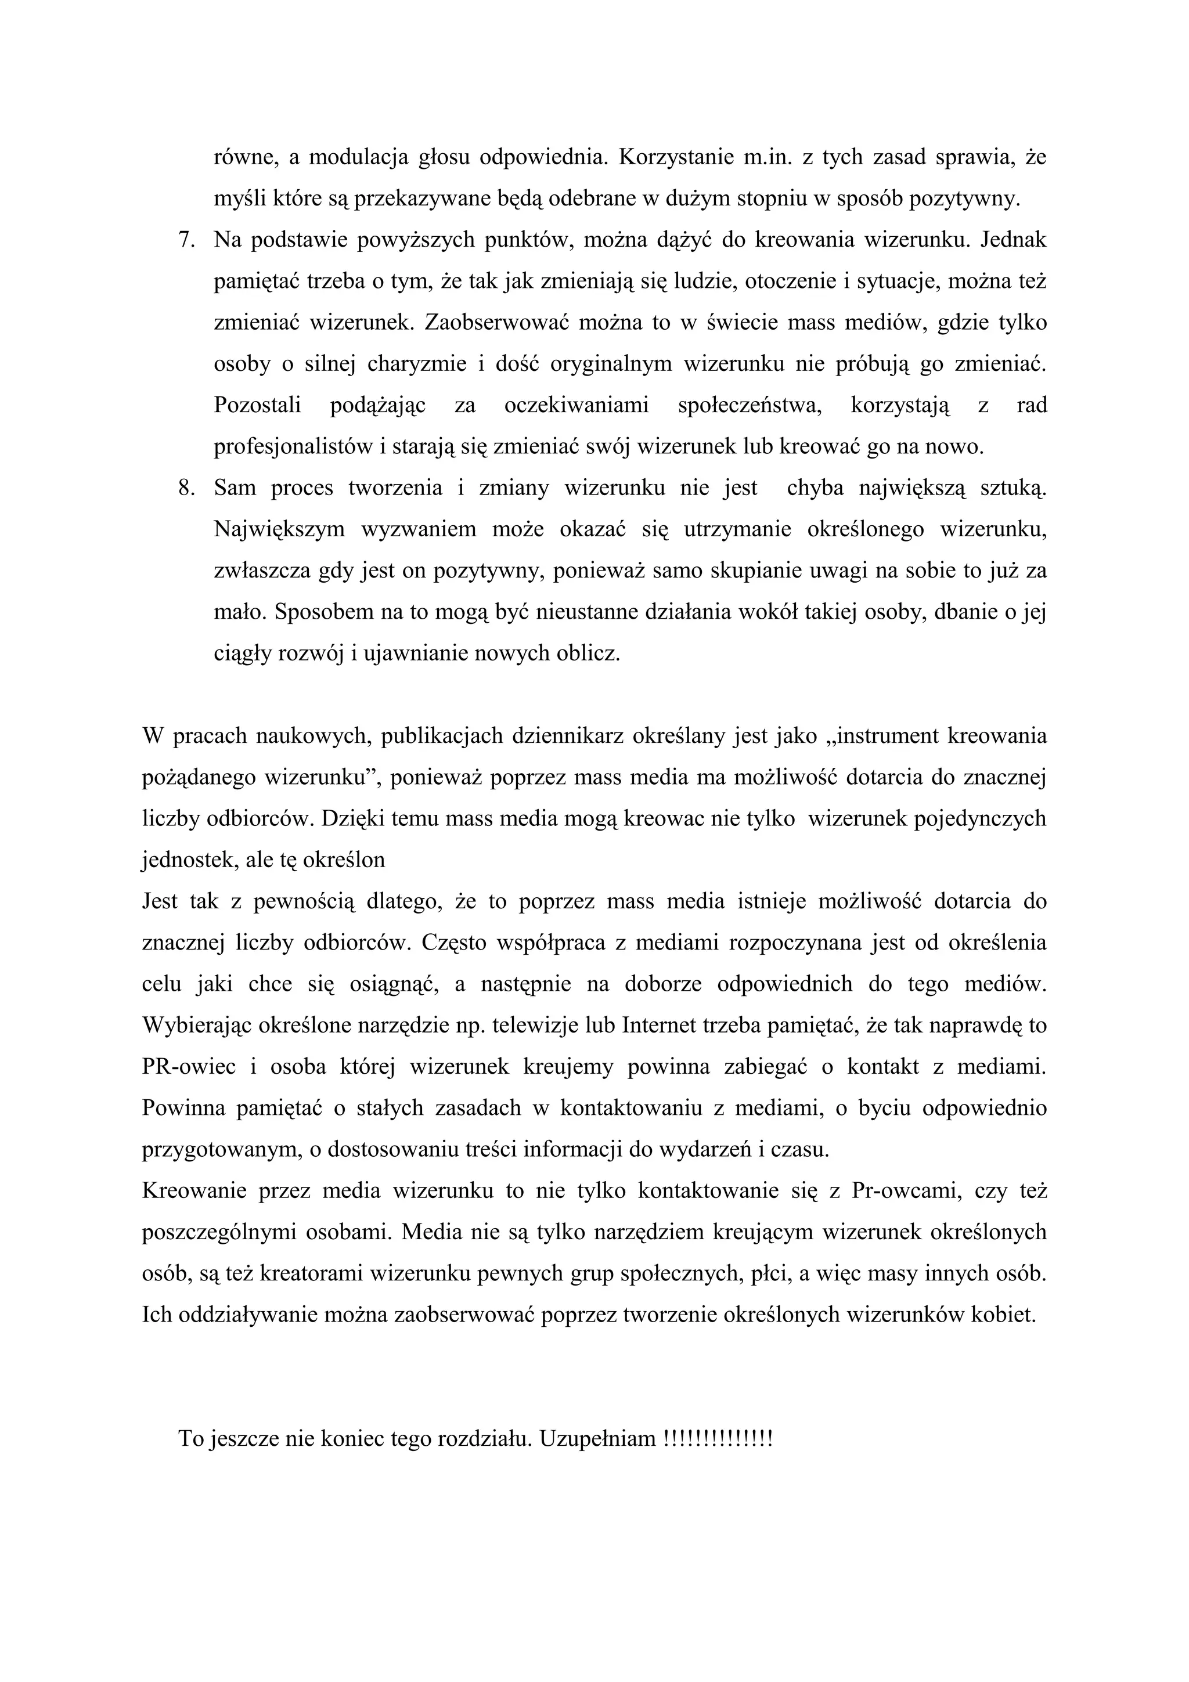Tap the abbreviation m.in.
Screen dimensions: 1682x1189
tap(766, 157)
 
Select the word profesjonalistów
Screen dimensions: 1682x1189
tap(293, 447)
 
